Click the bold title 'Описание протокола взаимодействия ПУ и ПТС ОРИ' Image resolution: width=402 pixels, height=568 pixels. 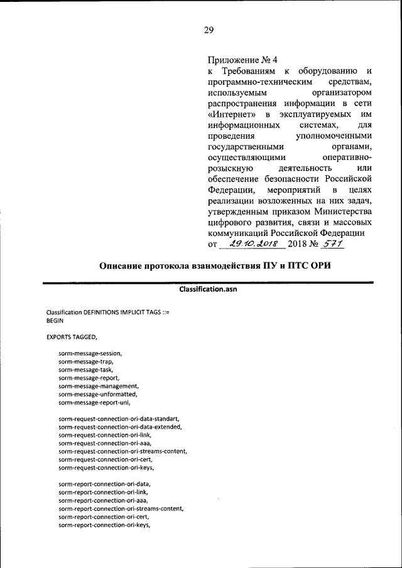[215, 265]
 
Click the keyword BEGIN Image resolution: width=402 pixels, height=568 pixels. [56, 320]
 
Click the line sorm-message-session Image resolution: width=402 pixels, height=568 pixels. [90, 355]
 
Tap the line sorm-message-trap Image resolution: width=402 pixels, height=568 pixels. [86, 362]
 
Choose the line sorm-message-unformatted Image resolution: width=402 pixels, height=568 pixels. [98, 394]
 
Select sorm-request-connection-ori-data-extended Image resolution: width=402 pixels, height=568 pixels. [120, 426]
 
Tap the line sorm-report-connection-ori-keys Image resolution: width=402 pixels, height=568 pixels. [105, 525]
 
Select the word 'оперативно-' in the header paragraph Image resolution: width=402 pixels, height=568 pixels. [346, 156]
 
